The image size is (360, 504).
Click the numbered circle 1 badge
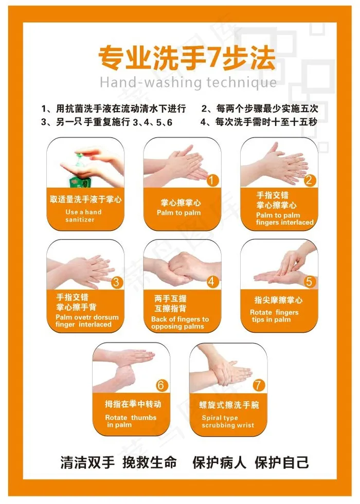pos(212,181)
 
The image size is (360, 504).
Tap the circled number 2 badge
pos(309,181)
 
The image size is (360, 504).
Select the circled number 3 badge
pos(116,282)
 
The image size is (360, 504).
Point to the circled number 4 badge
pos(212,282)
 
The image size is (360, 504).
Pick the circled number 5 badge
pos(309,282)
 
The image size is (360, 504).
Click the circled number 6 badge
pos(161,385)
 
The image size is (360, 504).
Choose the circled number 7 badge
pos(258,385)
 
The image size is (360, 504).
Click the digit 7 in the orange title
pos(213,57)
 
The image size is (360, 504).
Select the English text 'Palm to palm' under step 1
pos(179,212)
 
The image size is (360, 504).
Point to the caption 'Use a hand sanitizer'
pos(83,215)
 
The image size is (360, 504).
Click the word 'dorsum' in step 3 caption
pos(105,317)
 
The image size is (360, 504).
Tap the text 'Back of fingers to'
pos(180,319)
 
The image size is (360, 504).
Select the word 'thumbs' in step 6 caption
pos(143,417)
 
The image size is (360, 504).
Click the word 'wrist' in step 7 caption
pos(245,425)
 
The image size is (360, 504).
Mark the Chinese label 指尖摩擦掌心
pos(278,300)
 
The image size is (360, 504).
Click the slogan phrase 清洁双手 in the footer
pos(87,462)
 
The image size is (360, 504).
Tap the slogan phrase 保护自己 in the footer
pos(282,462)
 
